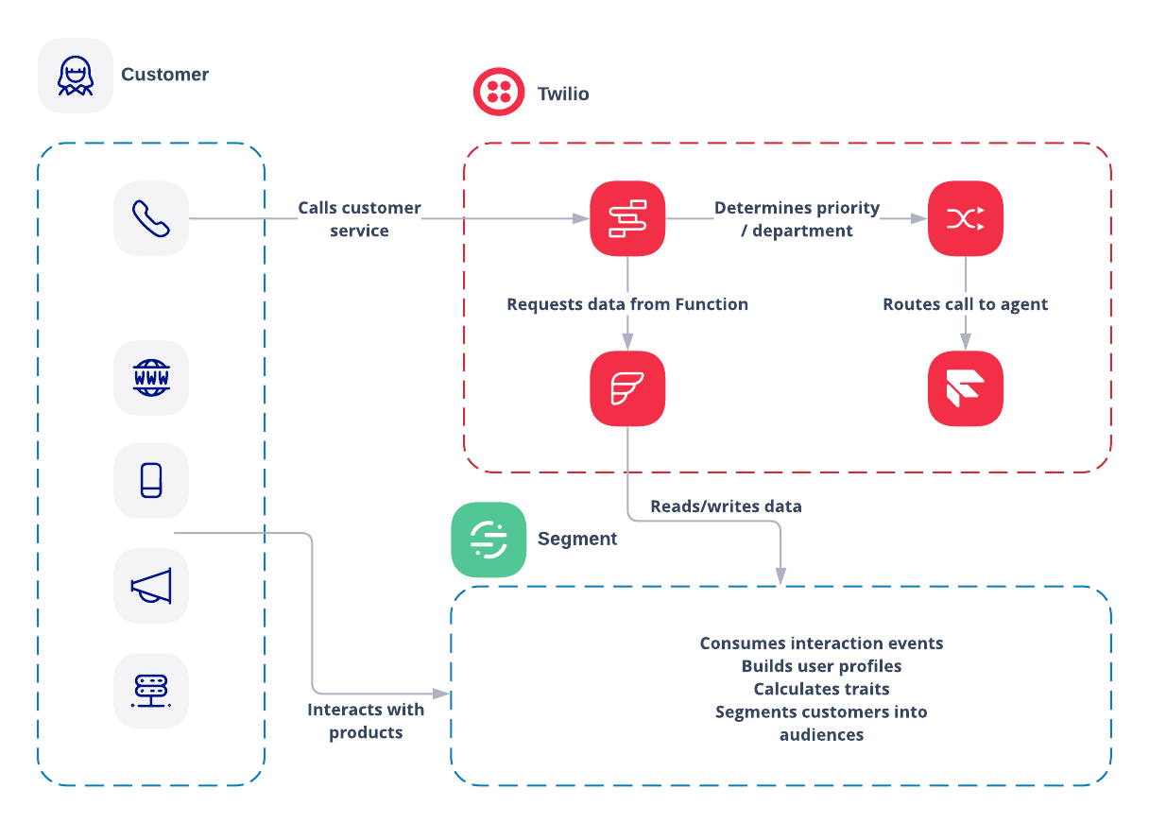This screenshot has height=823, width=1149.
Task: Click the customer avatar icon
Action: (x=76, y=76)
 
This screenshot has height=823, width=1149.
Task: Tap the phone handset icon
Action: (x=151, y=218)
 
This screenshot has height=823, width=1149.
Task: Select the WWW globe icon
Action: (x=151, y=378)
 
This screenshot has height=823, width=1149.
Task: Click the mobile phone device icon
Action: (x=151, y=480)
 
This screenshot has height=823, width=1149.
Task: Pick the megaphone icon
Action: (x=151, y=586)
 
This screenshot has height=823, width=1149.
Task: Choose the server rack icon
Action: (x=151, y=691)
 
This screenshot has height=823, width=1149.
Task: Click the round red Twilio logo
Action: (x=499, y=92)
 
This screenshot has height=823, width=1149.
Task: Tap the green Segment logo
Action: (x=489, y=540)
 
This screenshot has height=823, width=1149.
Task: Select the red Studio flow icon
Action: (x=627, y=218)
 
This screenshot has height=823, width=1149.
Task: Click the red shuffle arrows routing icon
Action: (x=965, y=218)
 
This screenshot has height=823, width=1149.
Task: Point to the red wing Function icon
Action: (x=627, y=388)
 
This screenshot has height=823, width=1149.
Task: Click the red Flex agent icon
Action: (x=965, y=388)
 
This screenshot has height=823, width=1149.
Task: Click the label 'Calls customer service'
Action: (x=359, y=219)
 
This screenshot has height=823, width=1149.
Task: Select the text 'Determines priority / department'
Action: (x=797, y=219)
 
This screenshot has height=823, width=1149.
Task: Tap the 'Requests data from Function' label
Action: (x=627, y=304)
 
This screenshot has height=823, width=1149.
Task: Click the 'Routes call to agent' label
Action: (x=965, y=304)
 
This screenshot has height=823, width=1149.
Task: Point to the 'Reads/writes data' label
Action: (x=726, y=506)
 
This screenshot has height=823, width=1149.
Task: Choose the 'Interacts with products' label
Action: (x=366, y=721)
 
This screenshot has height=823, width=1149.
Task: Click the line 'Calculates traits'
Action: (x=821, y=689)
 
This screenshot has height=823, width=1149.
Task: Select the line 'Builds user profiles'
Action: (x=821, y=666)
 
